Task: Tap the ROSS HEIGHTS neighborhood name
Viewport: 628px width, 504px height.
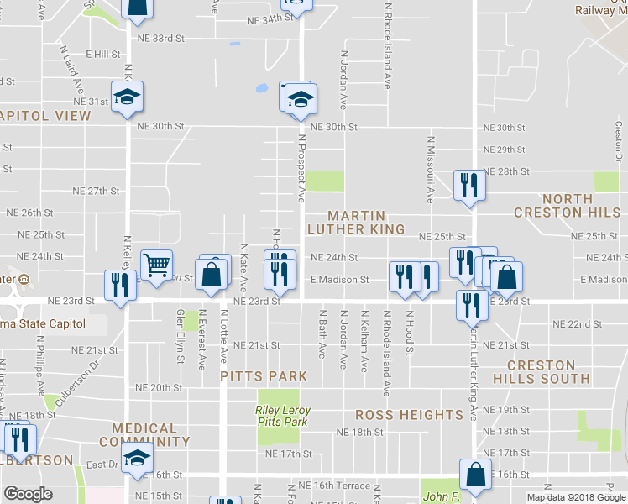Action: pyautogui.click(x=409, y=415)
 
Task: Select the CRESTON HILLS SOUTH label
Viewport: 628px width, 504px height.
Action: pyautogui.click(x=547, y=372)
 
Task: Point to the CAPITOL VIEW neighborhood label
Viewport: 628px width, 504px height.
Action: pyautogui.click(x=45, y=115)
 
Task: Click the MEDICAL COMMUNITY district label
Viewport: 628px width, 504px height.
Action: pyautogui.click(x=139, y=434)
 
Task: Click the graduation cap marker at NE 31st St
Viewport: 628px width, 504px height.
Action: pyautogui.click(x=127, y=97)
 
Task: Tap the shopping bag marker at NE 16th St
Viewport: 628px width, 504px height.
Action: pyautogui.click(x=476, y=474)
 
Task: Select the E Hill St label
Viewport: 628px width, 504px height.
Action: pyautogui.click(x=102, y=54)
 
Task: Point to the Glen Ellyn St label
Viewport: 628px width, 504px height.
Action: pyautogui.click(x=180, y=336)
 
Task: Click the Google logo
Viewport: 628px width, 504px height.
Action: pyautogui.click(x=28, y=494)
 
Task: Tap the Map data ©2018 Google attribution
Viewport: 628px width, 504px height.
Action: pyautogui.click(x=576, y=497)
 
